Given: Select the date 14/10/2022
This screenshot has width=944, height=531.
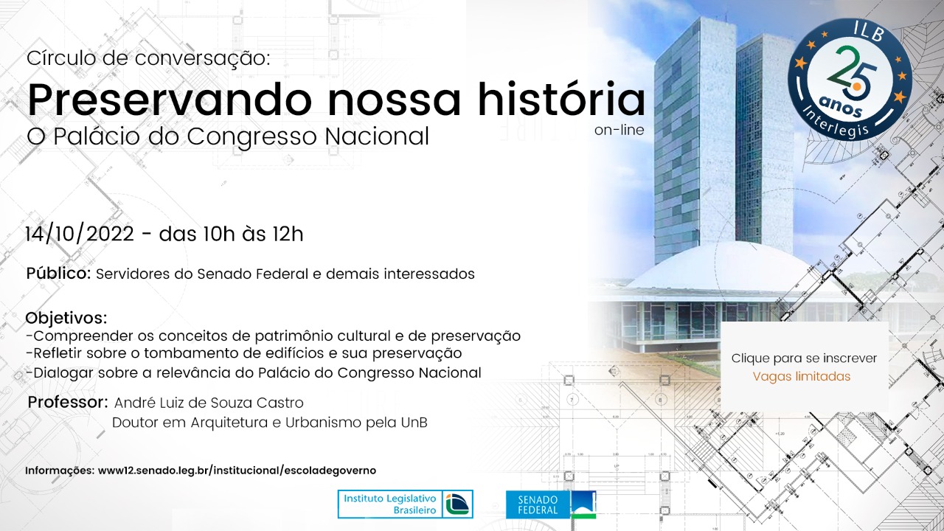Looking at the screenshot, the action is (80, 234).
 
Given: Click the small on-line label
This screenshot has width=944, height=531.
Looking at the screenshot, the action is (619, 131).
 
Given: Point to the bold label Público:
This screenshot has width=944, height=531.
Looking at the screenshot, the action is (58, 273).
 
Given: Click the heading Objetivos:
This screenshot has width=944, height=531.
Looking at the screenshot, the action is (66, 318).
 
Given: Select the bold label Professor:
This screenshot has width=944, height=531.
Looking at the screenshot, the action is (68, 402).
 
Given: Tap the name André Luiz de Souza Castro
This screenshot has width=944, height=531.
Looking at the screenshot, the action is (209, 403).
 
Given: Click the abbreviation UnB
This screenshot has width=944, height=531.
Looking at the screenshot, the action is (414, 423).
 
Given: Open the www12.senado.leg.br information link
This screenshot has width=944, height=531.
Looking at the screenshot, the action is (237, 471).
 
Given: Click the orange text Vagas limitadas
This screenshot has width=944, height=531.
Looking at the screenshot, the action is (802, 376).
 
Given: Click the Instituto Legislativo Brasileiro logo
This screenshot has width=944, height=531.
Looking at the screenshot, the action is (406, 504).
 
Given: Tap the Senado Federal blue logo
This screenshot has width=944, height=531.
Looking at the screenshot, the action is (551, 504).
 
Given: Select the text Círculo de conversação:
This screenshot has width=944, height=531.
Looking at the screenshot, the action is (148, 58).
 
